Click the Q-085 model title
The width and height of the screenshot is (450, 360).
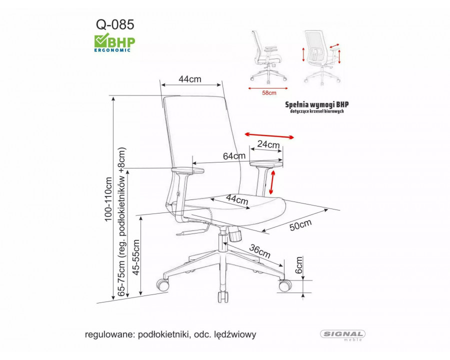[x=115, y=24]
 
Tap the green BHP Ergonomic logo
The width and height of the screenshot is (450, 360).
[x=114, y=42]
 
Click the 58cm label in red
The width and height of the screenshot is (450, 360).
[x=269, y=92]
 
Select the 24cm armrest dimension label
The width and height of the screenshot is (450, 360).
[x=268, y=144]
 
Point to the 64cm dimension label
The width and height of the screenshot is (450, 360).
[x=234, y=156]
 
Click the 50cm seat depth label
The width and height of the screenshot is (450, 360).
[x=300, y=225]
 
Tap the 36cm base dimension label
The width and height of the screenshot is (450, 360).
[x=259, y=250]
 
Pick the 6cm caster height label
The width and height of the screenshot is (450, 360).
[x=299, y=265]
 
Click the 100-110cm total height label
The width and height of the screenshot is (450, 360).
[x=108, y=199]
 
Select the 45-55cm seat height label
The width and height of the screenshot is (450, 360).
[x=136, y=257]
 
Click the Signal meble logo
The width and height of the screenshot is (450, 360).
[x=342, y=335]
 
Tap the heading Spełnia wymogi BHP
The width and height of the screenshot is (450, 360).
[x=317, y=104]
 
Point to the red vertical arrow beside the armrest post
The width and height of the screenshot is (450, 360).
[x=271, y=182]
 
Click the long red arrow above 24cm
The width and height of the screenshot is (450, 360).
[x=269, y=135]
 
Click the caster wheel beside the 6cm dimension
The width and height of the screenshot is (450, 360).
[x=285, y=286]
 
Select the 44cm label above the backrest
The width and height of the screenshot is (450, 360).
[x=190, y=79]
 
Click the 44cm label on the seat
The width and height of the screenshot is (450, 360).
[x=237, y=199]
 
